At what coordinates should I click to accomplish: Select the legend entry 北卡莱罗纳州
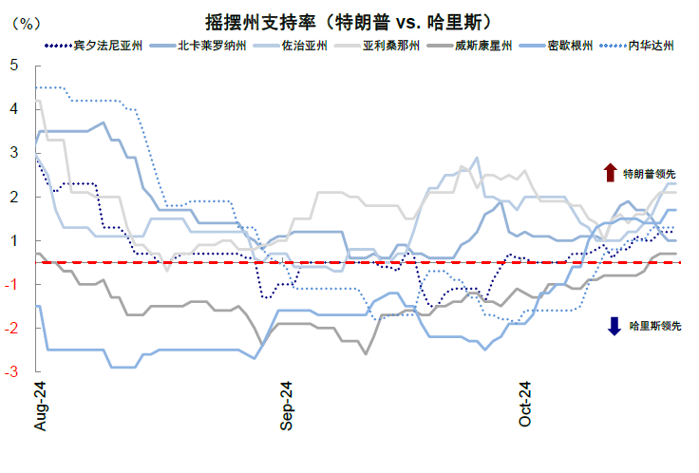(207, 45)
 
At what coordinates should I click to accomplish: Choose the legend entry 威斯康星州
(484, 45)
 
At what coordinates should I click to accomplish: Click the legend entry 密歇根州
(572, 45)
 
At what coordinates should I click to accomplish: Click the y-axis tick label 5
(13, 66)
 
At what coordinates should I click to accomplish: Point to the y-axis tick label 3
(13, 153)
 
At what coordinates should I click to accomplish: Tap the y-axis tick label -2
(11, 328)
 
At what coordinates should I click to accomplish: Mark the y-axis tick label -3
(11, 372)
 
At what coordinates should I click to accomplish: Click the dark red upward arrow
(610, 173)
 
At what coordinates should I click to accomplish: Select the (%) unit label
(22, 23)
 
